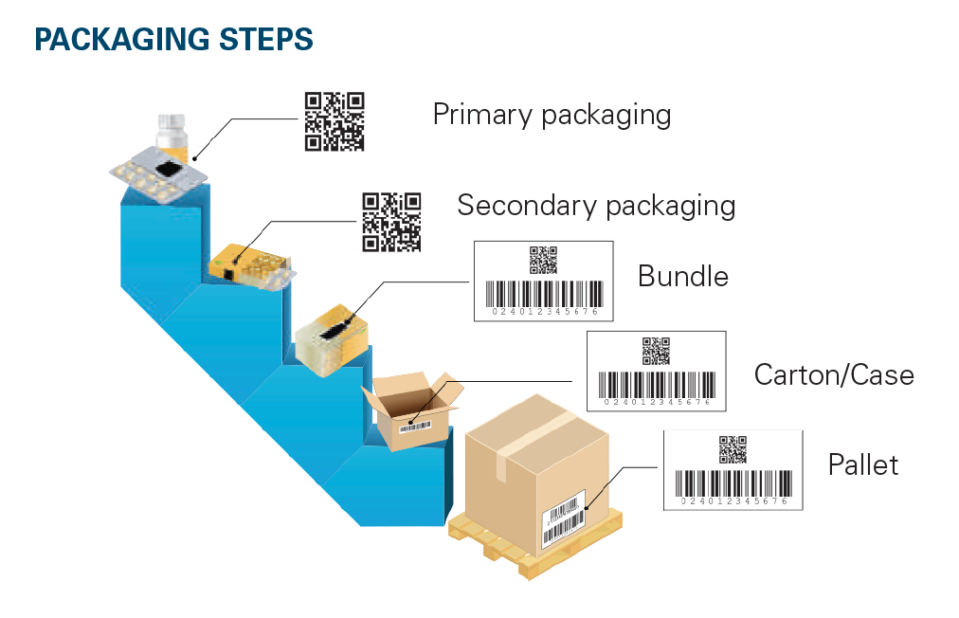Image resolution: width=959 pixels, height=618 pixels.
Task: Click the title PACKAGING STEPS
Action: (173, 39)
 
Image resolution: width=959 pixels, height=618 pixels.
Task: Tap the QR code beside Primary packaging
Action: (334, 121)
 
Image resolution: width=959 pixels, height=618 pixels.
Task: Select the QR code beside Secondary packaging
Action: (391, 222)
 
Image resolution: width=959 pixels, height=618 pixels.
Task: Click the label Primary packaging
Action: (552, 116)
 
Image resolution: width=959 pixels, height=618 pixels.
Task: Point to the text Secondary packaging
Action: (596, 205)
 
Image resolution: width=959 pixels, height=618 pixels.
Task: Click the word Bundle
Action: (682, 277)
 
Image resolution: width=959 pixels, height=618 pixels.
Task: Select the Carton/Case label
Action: (834, 374)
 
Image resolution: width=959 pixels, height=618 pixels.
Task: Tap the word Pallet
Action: (862, 465)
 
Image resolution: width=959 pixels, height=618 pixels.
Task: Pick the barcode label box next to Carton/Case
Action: (656, 371)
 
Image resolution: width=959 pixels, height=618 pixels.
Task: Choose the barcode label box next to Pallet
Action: (732, 470)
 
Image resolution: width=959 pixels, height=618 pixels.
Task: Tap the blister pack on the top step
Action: (156, 176)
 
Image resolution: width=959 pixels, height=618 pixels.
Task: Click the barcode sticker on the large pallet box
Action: (563, 518)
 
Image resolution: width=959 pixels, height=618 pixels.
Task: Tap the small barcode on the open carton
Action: (414, 427)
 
